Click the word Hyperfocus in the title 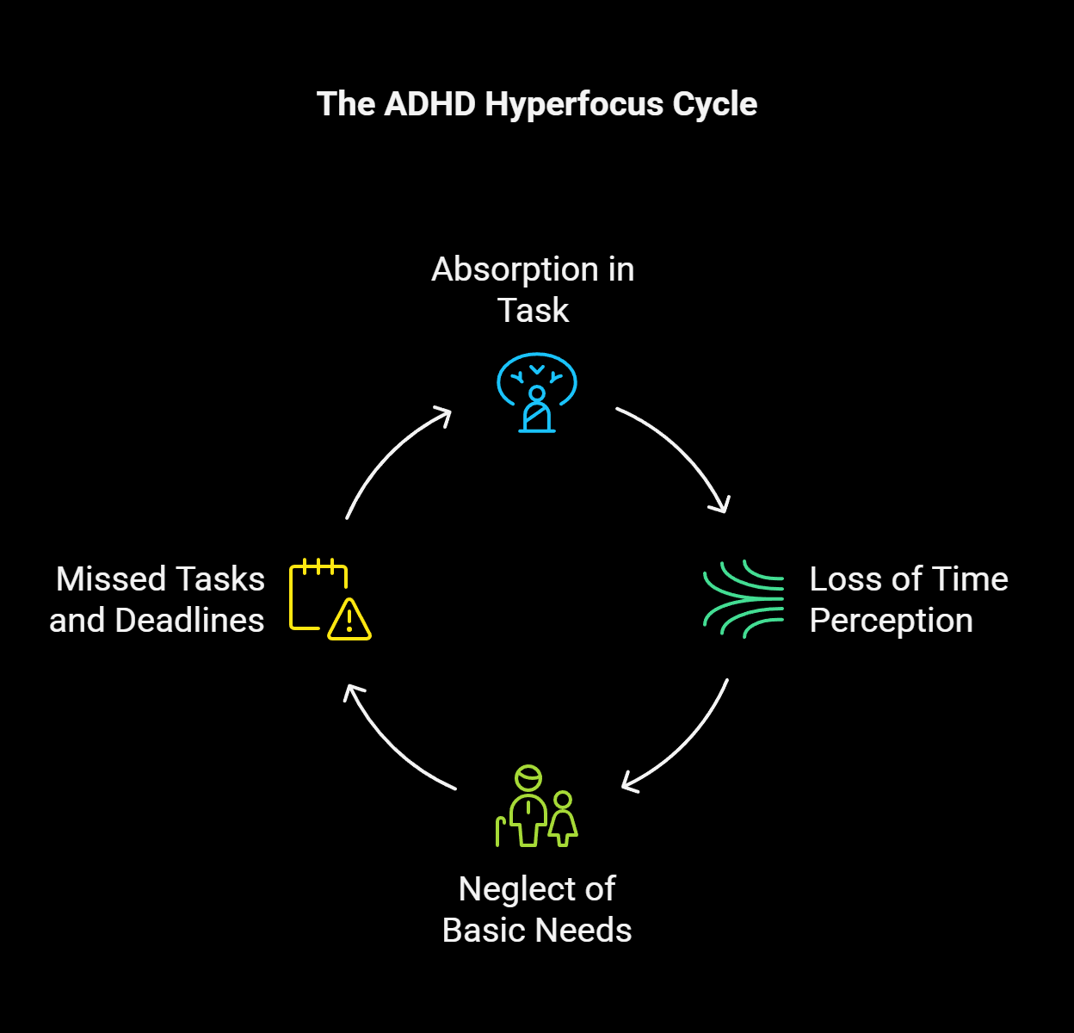click(573, 105)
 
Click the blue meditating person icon click(537, 393)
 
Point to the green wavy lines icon click(744, 599)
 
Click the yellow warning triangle click(349, 620)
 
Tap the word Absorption click(515, 269)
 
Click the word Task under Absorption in click(534, 311)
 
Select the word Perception click(891, 621)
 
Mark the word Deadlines click(189, 621)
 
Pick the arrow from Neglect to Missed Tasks click(392, 745)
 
